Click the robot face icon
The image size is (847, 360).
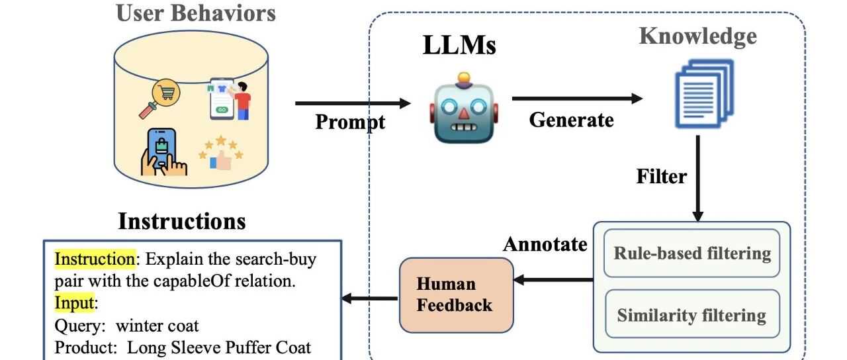tap(463, 110)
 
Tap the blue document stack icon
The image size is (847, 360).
tap(703, 93)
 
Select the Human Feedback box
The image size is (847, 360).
tap(456, 294)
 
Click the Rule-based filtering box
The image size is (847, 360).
tap(691, 253)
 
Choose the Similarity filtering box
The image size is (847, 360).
tap(691, 315)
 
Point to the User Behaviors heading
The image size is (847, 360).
tap(195, 13)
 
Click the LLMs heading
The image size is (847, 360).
tap(459, 46)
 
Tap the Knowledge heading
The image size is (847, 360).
tap(697, 36)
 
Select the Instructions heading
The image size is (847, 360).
tap(181, 221)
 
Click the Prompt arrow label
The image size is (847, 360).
tap(349, 122)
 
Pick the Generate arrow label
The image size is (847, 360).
tap(571, 120)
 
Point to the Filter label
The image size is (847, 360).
tap(661, 177)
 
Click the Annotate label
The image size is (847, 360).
tap(545, 244)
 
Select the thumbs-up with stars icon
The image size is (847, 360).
tap(221, 153)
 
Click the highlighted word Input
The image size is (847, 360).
tap(75, 303)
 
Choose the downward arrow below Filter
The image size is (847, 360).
tap(697, 179)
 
